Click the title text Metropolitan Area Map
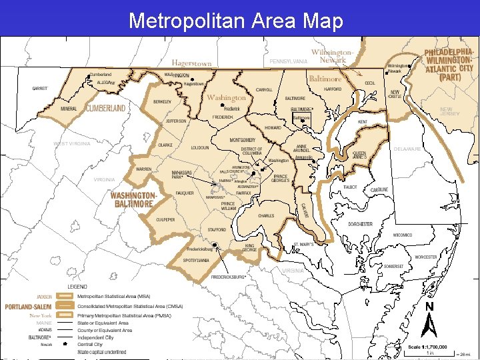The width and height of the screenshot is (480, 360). click(235, 21)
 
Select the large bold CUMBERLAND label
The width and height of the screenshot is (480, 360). click(105, 107)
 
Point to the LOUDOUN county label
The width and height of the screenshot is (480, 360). click(199, 147)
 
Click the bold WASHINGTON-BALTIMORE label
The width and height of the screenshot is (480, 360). click(133, 199)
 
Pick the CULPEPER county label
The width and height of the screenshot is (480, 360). click(165, 219)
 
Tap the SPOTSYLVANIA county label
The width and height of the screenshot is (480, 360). click(197, 260)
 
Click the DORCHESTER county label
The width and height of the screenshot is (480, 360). click(360, 224)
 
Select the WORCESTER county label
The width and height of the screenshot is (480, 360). click(426, 257)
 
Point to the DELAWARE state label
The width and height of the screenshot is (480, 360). click(407, 149)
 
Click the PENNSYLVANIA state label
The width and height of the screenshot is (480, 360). click(289, 61)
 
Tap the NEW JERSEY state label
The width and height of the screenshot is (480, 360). click(449, 111)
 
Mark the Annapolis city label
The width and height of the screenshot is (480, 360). click(303, 158)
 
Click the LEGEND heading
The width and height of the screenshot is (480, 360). click(77, 286)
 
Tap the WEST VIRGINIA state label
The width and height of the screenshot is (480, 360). click(71, 143)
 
